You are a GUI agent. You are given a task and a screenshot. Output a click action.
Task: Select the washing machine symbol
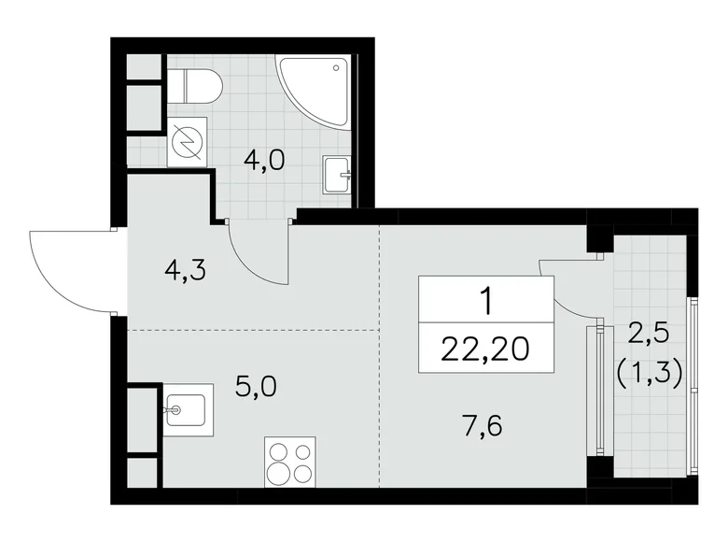(x=188, y=142)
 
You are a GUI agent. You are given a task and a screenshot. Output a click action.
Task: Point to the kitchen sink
(x=185, y=408)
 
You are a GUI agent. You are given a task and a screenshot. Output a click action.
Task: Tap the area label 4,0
(x=264, y=159)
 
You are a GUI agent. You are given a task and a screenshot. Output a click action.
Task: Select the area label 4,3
(x=183, y=271)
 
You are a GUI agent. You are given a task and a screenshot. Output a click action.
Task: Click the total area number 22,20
(x=485, y=349)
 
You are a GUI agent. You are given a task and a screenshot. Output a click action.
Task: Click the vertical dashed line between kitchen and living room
(x=380, y=374)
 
